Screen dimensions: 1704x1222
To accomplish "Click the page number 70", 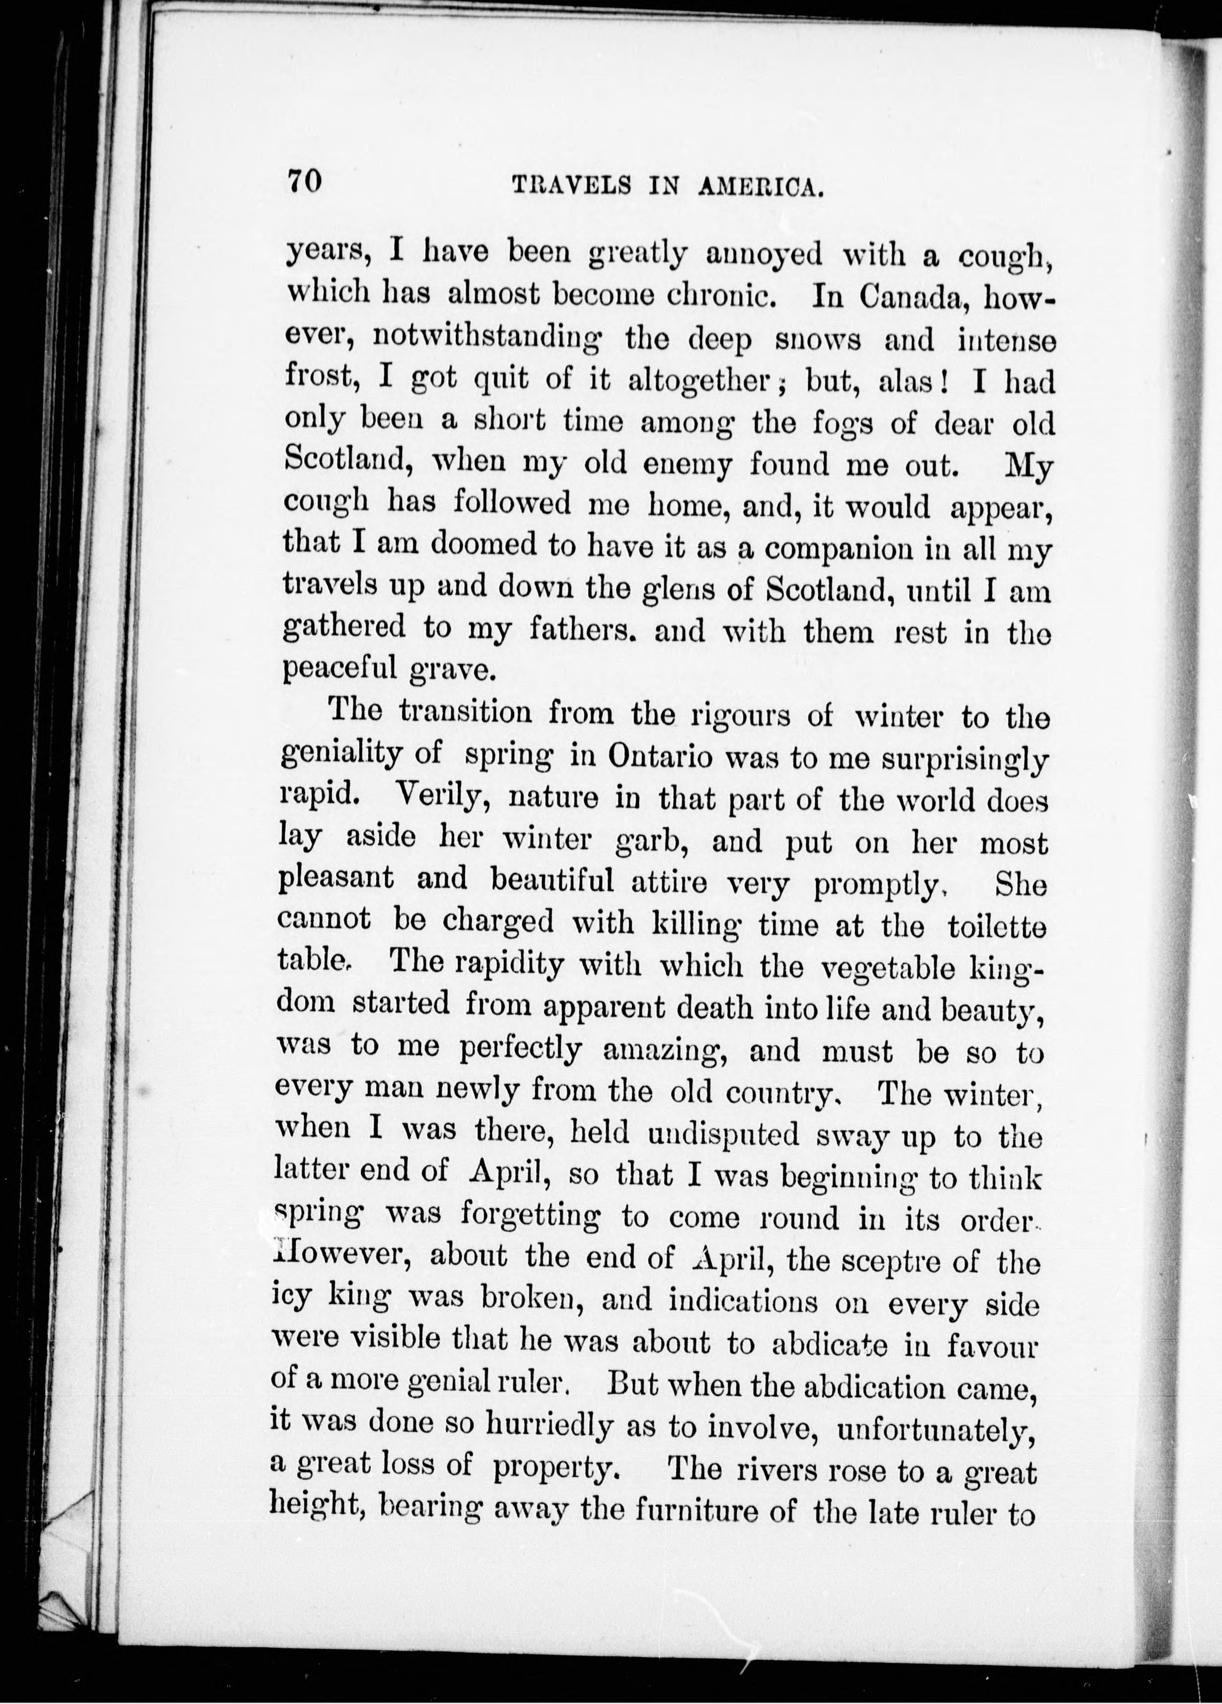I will pyautogui.click(x=304, y=183).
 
